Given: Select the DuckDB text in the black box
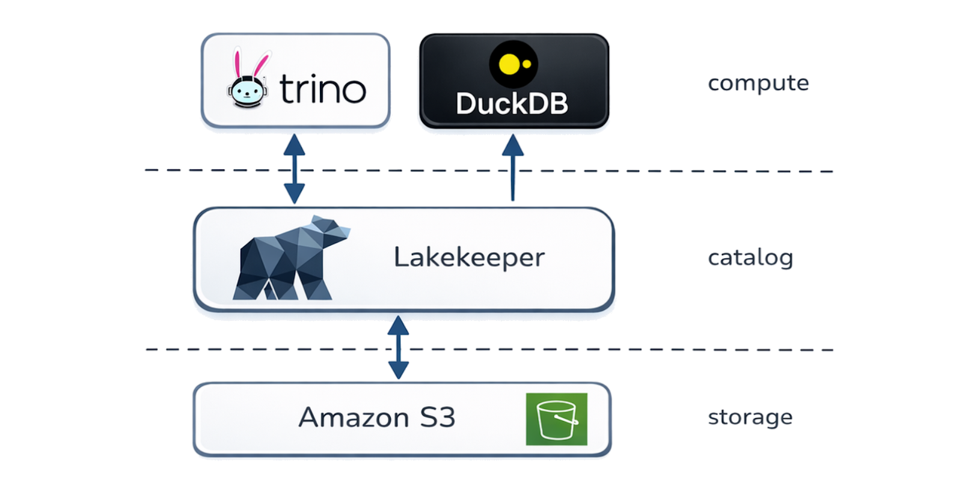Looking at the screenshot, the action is click(512, 103).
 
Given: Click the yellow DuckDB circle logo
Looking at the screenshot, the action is click(513, 64).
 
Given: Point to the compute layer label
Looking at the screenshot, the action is click(758, 83).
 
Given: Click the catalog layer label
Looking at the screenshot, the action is click(750, 258).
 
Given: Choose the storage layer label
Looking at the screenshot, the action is click(750, 418).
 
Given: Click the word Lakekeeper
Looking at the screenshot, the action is click(469, 257).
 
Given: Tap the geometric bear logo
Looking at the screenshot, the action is click(292, 257).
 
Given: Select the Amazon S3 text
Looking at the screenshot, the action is click(376, 417).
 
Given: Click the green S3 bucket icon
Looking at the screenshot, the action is click(557, 419).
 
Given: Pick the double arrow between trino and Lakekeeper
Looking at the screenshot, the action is click(295, 169).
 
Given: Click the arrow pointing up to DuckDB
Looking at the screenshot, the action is click(513, 167).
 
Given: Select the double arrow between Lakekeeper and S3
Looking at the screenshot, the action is click(399, 347).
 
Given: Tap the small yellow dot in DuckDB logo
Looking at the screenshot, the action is click(527, 64).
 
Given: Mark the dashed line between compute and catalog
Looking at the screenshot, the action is click(489, 171).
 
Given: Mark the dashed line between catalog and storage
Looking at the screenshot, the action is click(489, 350).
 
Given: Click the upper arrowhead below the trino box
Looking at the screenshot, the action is click(295, 145).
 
